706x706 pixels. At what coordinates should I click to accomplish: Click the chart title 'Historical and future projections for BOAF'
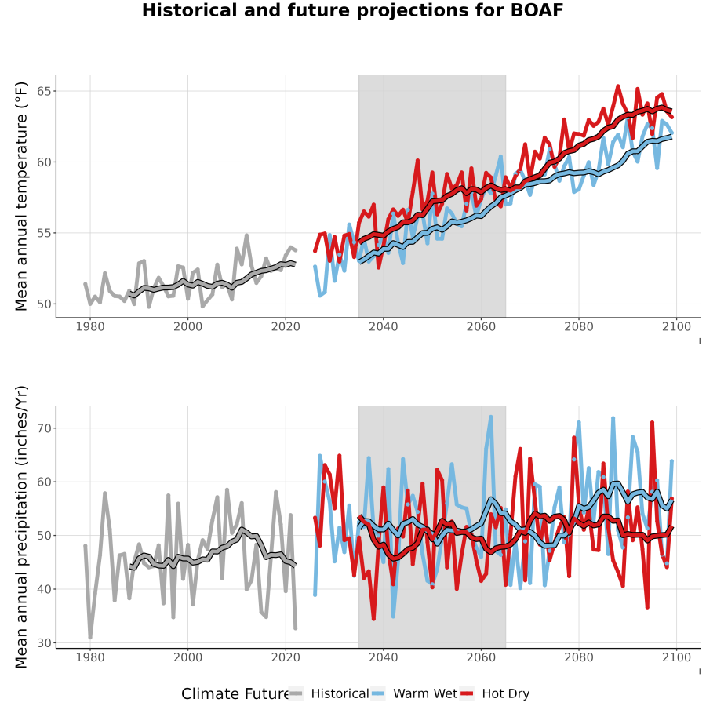point(352,10)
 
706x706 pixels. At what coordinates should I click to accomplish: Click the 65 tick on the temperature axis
point(45,92)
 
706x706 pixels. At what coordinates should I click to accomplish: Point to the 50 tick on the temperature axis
point(45,304)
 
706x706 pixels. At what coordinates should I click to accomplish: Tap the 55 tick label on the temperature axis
point(45,233)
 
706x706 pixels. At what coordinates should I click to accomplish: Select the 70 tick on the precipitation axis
point(45,428)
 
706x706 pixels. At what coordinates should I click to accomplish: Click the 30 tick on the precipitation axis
point(45,643)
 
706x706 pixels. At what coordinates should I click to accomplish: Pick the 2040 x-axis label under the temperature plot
point(384,326)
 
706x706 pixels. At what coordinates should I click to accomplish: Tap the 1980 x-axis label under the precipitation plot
point(90,657)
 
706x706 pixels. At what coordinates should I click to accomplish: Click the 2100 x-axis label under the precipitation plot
point(677,657)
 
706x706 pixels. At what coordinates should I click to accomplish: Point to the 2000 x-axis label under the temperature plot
point(187,326)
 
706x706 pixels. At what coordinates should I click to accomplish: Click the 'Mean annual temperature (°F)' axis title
point(21,196)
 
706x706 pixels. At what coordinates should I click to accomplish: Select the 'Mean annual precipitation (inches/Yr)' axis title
point(21,527)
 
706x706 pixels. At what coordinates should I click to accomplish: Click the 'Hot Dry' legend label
point(506,693)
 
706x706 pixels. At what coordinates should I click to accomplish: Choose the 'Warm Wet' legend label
point(425,693)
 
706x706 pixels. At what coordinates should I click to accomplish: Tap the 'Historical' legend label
point(340,693)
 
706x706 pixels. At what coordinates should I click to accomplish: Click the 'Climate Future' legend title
point(235,694)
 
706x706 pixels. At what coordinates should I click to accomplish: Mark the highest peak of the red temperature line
point(618,86)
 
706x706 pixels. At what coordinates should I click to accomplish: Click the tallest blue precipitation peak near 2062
point(491,417)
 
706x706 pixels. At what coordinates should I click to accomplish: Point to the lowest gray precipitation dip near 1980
point(90,637)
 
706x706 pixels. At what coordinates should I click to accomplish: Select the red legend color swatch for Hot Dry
point(467,694)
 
